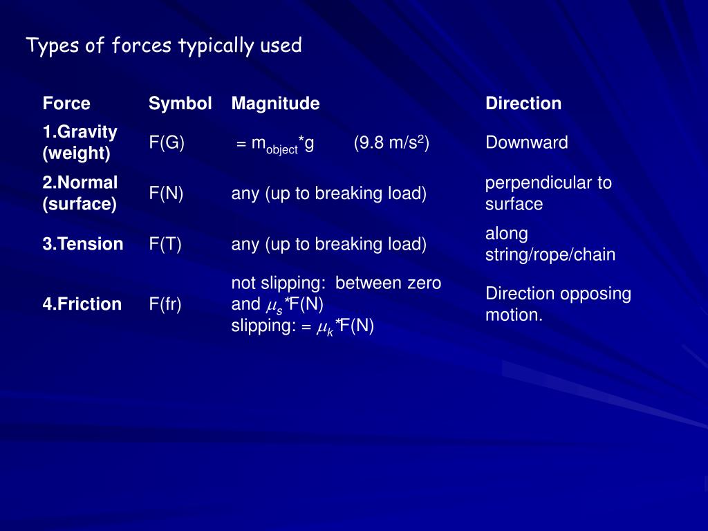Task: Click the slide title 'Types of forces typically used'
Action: (x=164, y=46)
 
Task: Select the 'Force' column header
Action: (x=66, y=104)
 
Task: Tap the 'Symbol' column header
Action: (x=180, y=104)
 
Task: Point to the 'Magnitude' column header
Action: (x=275, y=104)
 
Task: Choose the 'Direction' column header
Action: (x=523, y=104)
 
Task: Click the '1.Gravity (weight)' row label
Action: (x=80, y=142)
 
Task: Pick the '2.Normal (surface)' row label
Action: (x=80, y=193)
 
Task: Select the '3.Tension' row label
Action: (x=83, y=244)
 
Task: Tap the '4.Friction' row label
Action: (x=82, y=304)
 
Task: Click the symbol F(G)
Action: (x=167, y=143)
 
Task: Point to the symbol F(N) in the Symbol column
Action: (x=166, y=194)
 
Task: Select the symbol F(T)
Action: (x=165, y=244)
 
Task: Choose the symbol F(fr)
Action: (x=165, y=304)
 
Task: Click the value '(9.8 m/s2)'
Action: (x=392, y=143)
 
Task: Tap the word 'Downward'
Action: (x=527, y=143)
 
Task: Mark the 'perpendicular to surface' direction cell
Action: (x=548, y=194)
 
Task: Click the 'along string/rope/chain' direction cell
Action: (x=550, y=244)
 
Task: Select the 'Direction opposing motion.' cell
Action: (x=558, y=304)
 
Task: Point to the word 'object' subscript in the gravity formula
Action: (x=282, y=149)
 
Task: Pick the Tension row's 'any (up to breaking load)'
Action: (x=328, y=244)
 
